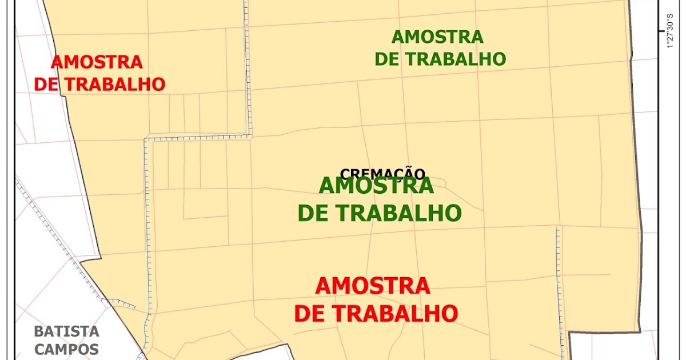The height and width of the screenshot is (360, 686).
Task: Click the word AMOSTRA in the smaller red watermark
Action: pos(97,62)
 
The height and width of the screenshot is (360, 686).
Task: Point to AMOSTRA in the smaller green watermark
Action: pos(437,37)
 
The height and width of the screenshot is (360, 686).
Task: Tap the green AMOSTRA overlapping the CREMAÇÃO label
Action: pos(376,186)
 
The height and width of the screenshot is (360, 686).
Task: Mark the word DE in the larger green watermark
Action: pos(312,213)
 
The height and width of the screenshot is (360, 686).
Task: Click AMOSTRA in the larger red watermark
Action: pos(372,286)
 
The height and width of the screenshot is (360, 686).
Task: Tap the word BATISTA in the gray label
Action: pos(66,331)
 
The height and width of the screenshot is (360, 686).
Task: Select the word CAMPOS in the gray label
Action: pos(66,349)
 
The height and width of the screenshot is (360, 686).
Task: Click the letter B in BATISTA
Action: pos(38,331)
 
